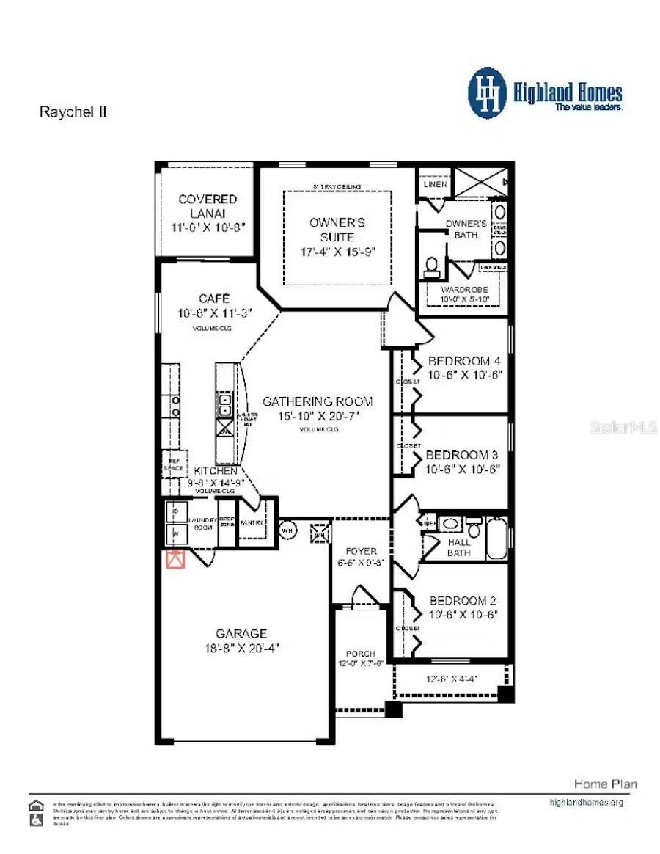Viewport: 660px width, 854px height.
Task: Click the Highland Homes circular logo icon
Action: pos(487,93)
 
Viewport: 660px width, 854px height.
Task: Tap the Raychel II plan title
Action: pos(73,112)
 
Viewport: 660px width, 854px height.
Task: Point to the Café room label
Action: pos(214,299)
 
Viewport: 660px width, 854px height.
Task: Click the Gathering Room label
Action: pos(318,401)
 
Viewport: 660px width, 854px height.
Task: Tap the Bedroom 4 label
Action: pos(463,361)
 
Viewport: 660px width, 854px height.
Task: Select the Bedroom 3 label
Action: pos(462,455)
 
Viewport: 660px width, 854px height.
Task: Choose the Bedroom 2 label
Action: pos(463,600)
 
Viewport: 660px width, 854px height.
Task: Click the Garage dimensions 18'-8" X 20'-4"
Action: pos(242,648)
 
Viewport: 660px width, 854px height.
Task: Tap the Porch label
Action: pos(360,653)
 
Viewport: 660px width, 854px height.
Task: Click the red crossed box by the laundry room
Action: pos(175,559)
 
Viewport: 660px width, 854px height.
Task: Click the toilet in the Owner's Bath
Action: pos(432,266)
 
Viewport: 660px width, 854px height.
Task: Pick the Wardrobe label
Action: pos(463,290)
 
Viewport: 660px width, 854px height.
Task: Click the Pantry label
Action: pos(252,522)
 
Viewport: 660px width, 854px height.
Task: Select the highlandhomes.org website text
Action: pos(586,802)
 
